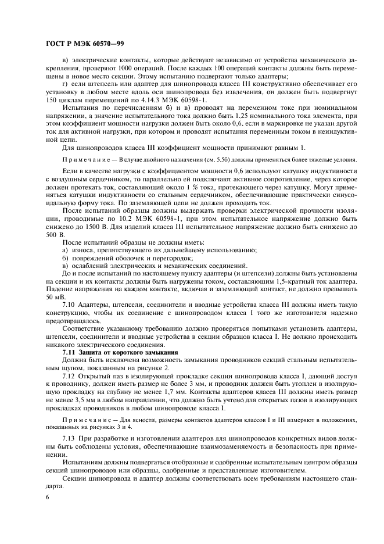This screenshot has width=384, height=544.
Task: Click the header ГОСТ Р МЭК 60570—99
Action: [81, 44]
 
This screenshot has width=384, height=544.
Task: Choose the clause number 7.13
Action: [69, 436]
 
